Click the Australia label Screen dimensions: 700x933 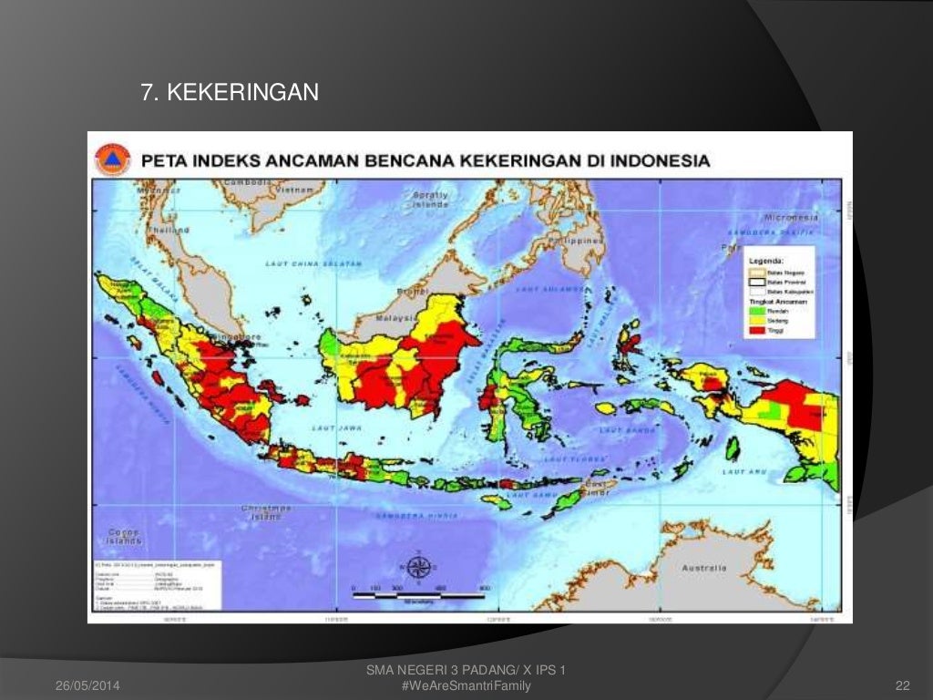pyautogui.click(x=704, y=568)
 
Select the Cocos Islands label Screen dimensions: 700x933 pyautogui.click(x=124, y=536)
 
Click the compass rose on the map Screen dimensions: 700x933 pyautogui.click(x=418, y=566)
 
